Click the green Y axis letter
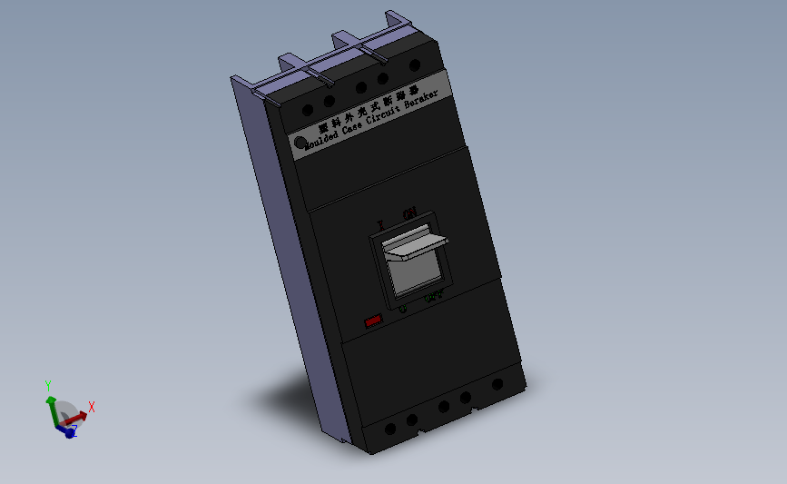pos(47,385)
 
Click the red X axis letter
pos(92,407)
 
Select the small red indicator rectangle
pos(372,321)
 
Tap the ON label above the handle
pos(409,213)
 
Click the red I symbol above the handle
pos(381,223)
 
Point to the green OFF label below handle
pos(435,295)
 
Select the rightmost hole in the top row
pos(415,65)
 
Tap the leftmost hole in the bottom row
pos(389,429)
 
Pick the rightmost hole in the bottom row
pos(497,384)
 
